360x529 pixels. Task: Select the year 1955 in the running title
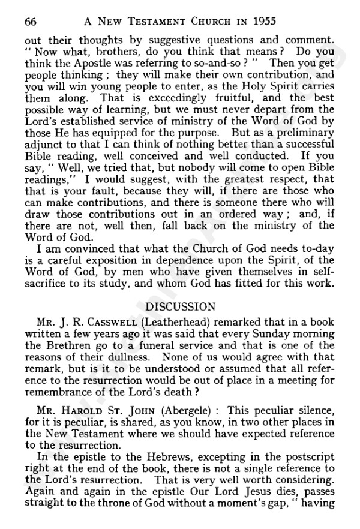tap(262, 22)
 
